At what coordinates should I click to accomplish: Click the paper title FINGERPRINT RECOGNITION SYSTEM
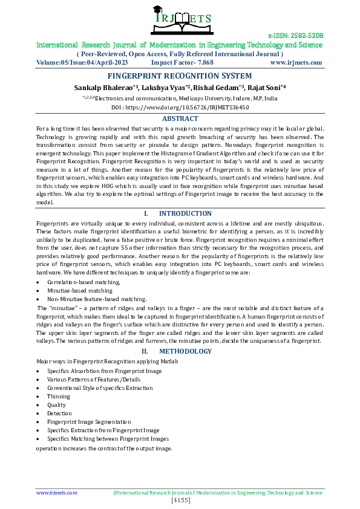click(180, 76)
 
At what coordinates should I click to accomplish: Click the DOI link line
click(180, 106)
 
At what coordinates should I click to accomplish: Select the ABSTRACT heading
click(180, 119)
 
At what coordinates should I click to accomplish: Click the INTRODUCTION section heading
click(185, 213)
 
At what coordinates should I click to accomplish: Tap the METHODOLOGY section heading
click(185, 351)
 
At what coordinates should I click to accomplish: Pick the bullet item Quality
click(56, 405)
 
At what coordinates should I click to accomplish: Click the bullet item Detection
click(59, 413)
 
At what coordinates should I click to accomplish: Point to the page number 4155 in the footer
click(181, 501)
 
